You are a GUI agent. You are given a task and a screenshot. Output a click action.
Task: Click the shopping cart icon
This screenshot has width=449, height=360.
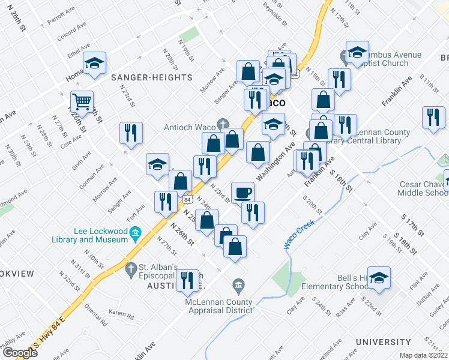tap(82, 101)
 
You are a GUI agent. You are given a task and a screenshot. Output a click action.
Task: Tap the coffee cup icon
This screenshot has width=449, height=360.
tap(243, 193)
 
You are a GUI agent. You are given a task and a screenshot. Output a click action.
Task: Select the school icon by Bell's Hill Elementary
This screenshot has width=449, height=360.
tap(379, 278)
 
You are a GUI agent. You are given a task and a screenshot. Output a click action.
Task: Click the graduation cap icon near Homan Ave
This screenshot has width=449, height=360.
tap(94, 63)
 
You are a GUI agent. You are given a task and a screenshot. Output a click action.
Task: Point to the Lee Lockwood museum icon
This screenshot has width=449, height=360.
tap(135, 232)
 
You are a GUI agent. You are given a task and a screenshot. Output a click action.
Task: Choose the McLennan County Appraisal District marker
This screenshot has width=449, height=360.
tap(238, 284)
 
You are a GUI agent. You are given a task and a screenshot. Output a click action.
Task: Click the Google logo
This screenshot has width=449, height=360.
tap(20, 353)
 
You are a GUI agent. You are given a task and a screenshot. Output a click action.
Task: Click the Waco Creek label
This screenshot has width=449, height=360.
tap(296, 238)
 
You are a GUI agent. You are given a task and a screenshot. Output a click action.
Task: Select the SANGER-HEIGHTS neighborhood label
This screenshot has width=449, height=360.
tap(151, 77)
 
